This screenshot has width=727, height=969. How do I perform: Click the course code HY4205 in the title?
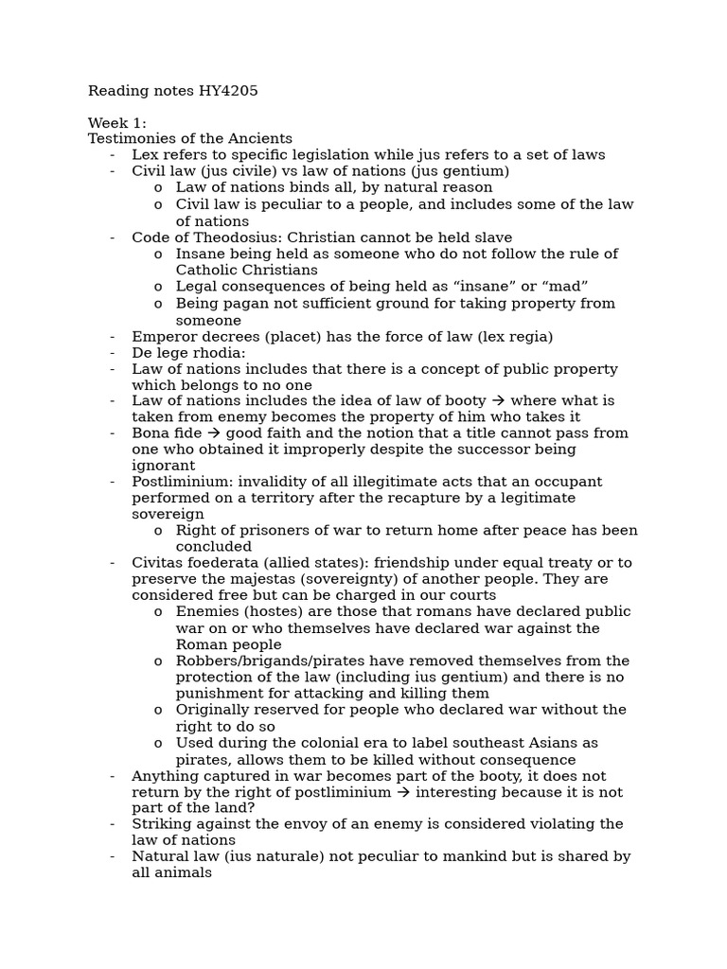(227, 91)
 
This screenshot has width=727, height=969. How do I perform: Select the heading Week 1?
(117, 123)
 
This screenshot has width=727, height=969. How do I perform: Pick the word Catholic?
(206, 270)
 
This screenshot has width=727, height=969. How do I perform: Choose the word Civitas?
(158, 563)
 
